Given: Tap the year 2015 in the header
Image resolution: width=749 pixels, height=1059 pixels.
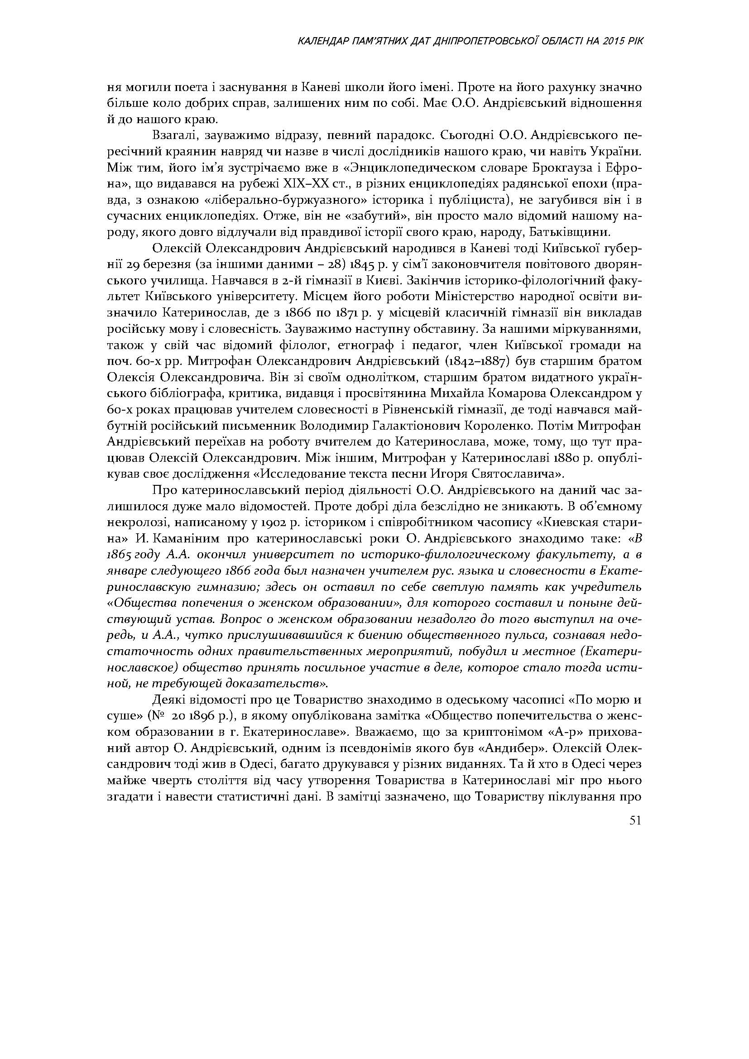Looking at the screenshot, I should pyautogui.click(x=613, y=42).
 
